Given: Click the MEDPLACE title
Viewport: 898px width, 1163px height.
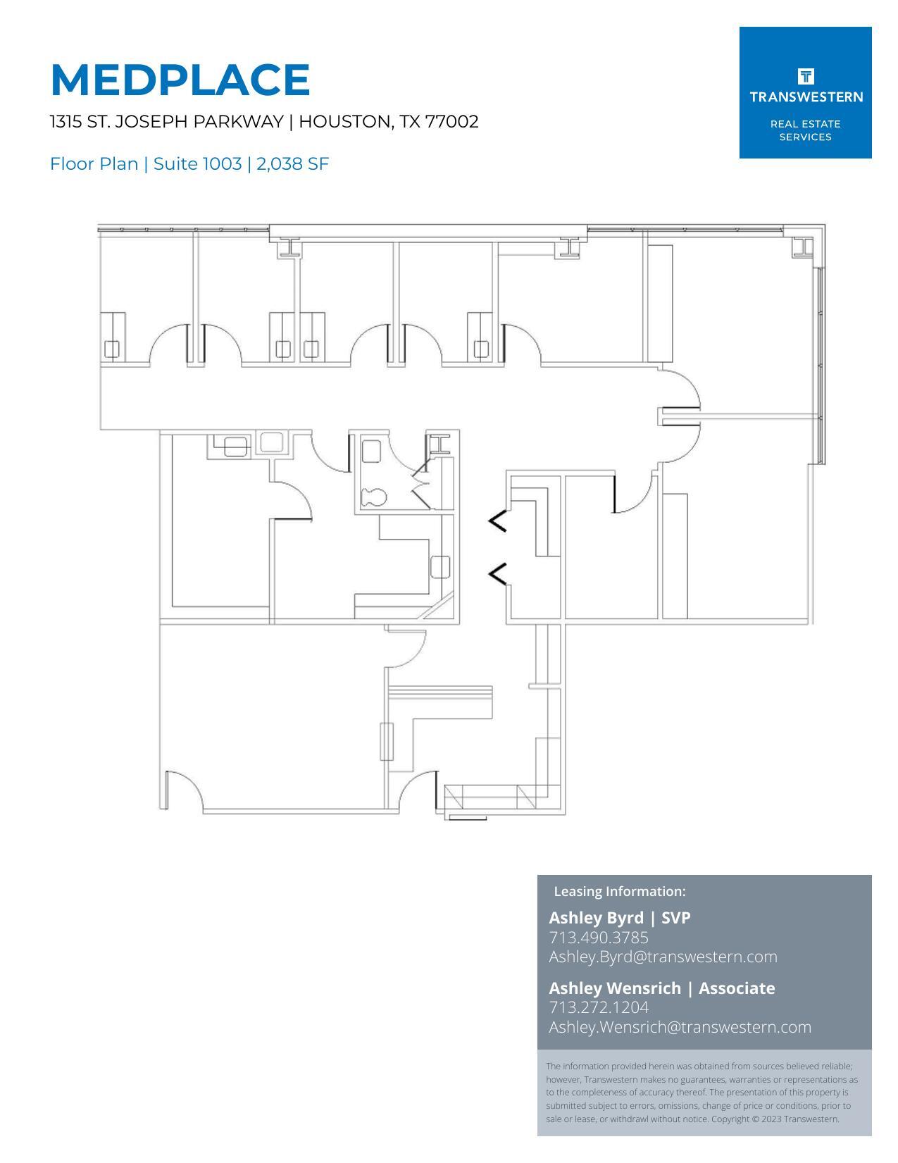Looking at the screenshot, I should point(180,80).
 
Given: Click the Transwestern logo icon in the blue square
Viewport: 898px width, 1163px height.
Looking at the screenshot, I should point(805,76).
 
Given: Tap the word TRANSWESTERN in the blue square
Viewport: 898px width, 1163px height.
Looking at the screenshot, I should point(805,97).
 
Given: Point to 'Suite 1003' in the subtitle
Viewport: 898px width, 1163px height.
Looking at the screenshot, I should point(197,164).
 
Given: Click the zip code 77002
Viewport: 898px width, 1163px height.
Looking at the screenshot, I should point(451,122).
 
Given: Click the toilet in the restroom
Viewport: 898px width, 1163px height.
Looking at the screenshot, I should point(373,497).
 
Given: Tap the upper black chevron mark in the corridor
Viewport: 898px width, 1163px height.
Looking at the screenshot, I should point(498,521).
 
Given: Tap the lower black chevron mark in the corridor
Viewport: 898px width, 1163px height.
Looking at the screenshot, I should point(498,574).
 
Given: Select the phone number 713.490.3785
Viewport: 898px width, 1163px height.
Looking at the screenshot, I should point(599,938).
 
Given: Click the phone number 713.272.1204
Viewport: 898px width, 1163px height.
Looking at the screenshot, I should point(599,1007).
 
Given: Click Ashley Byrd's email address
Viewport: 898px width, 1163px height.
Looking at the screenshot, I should point(663,957).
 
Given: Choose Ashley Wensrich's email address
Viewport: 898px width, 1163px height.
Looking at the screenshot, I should point(680,1027).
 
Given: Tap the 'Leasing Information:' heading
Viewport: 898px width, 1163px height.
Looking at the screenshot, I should point(619,892).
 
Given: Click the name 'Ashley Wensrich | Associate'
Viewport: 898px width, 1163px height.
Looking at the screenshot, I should point(661,988).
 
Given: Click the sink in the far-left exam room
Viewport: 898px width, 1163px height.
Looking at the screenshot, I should point(112,348).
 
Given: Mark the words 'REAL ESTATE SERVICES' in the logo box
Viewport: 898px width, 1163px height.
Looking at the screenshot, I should point(805,130).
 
